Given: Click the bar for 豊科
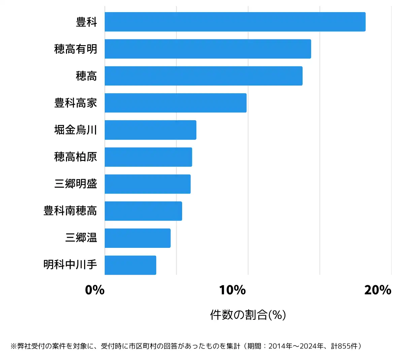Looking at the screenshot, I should point(235,22).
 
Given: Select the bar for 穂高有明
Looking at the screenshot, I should point(208,49).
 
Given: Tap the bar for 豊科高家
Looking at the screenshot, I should point(175,103).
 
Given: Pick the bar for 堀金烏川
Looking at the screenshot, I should point(150,130).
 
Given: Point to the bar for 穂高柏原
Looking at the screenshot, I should point(148,157).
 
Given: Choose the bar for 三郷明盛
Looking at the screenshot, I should point(147,184).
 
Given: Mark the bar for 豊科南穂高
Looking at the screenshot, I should point(143,211).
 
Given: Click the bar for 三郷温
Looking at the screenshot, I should point(137,238).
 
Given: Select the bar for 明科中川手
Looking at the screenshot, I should point(130,265).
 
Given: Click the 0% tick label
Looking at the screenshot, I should point(95,290).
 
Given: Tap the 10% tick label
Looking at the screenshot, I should point(232,290).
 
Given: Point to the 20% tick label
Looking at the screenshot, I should point(378,290).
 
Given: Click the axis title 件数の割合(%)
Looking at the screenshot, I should point(248,315).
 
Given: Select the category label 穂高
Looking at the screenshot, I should point(86,76).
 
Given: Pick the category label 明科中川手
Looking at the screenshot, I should point(70,265).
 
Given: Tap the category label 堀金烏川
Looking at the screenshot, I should point(75,130).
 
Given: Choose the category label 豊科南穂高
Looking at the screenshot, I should point(70,211).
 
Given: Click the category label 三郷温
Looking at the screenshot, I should point(81,238).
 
